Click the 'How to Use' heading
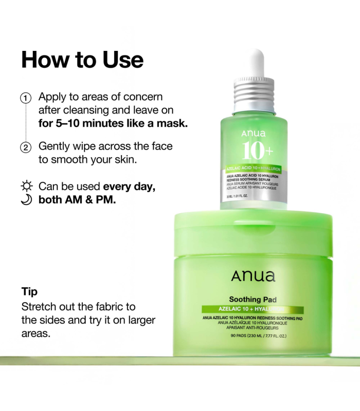[x=82, y=60]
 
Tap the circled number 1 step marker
[x=26, y=98]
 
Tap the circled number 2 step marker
[x=26, y=147]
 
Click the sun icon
[x=26, y=186]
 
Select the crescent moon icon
[x=26, y=199]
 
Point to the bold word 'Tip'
[x=29, y=292]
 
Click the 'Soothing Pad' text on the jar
[x=253, y=300]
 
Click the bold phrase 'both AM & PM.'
[x=77, y=199]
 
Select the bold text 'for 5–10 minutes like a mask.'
[x=113, y=123]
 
